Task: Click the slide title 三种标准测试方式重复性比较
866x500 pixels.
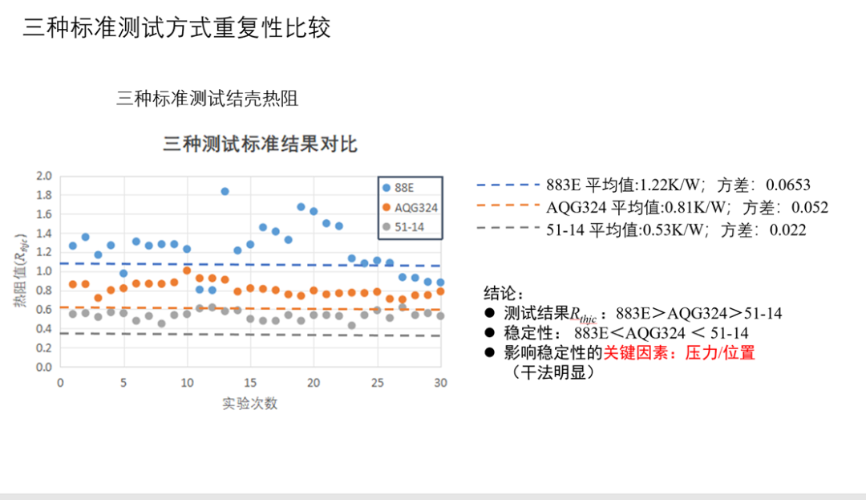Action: point(177,28)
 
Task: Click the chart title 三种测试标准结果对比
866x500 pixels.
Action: point(260,144)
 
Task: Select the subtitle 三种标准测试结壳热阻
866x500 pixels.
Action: point(208,99)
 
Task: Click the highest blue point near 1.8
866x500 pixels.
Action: point(225,191)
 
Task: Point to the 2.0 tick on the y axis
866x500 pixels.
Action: point(44,176)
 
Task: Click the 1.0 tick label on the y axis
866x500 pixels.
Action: point(44,271)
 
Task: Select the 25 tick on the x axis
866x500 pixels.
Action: point(377,383)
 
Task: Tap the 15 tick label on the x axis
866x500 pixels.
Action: point(250,383)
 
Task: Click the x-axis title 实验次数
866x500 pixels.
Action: point(250,404)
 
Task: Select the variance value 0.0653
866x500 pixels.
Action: point(788,185)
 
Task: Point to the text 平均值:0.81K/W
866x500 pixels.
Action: point(670,208)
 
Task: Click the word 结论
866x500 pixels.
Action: point(503,291)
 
